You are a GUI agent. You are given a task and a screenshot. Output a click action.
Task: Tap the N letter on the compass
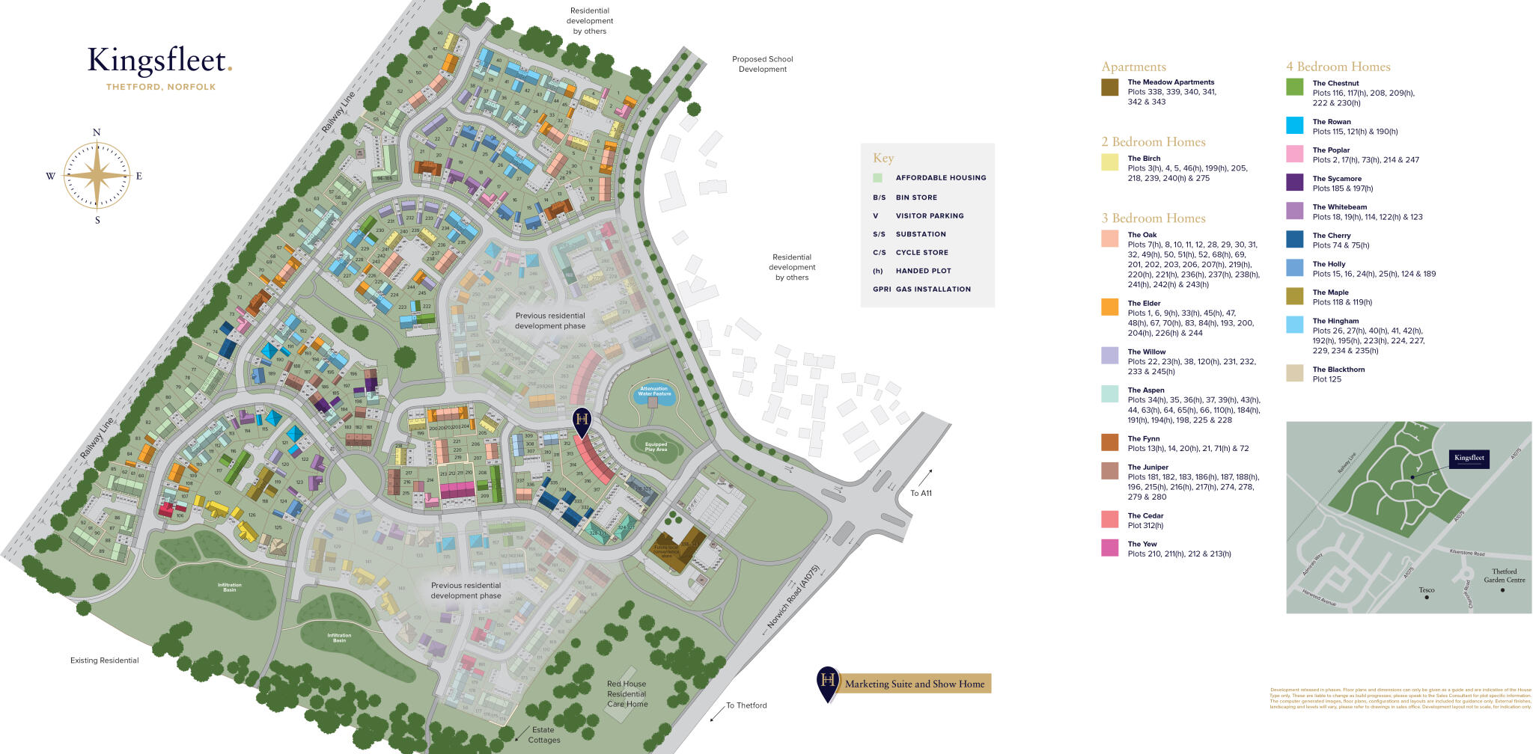tap(97, 133)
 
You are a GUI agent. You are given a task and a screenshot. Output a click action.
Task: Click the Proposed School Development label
tap(762, 64)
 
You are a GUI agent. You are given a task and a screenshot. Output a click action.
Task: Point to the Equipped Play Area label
tap(656, 447)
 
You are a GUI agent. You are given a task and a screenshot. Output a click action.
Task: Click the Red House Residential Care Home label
tap(627, 693)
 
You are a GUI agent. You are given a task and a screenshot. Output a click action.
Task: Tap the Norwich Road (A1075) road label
tap(794, 596)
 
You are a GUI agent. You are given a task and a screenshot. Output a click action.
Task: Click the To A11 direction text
tap(921, 493)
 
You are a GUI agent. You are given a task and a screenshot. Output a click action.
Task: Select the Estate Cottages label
tap(544, 735)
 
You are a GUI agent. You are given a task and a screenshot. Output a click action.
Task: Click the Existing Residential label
tap(104, 660)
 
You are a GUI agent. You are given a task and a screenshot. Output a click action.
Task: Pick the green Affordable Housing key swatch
tap(877, 178)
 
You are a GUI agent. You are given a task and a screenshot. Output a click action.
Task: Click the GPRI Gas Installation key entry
tap(921, 289)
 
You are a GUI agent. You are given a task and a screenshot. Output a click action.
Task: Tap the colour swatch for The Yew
tap(1110, 548)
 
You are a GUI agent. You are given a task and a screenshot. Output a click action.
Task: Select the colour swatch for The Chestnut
tap(1294, 87)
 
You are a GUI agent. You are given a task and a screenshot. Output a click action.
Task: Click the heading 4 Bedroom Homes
tap(1338, 67)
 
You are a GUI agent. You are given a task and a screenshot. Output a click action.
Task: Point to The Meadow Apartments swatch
tap(1110, 87)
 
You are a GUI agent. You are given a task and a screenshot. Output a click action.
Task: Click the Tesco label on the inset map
tap(1427, 590)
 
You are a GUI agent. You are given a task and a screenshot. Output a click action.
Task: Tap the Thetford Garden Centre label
tap(1504, 575)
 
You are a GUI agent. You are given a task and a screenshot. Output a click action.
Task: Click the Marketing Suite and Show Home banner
tap(914, 684)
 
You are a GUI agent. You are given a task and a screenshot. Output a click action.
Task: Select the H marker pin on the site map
tap(582, 420)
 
